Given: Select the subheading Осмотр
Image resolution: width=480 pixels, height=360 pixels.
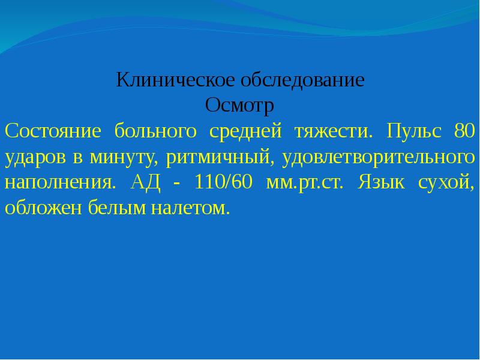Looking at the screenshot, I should coord(239,105).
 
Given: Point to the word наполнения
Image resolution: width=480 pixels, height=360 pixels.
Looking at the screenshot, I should coord(58,182).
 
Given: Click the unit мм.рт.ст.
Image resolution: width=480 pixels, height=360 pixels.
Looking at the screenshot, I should coord(304,182).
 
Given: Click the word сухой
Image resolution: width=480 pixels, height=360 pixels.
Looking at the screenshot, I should coord(447,182).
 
